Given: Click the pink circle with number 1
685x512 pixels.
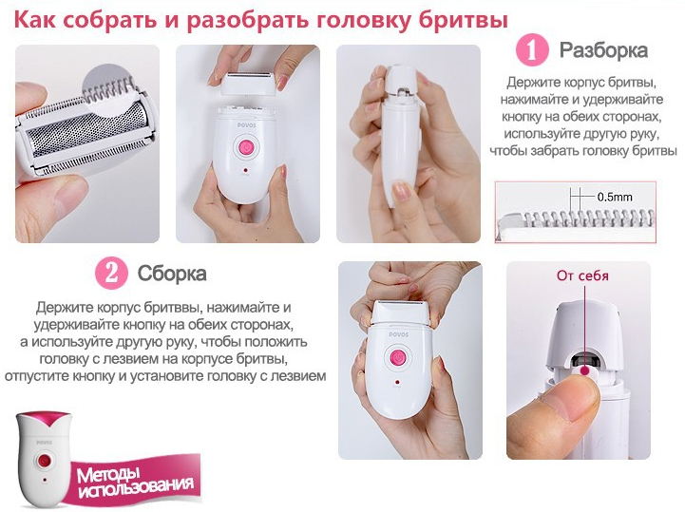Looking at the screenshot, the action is pos(532,50).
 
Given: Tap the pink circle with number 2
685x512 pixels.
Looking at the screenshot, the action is pos(111,273).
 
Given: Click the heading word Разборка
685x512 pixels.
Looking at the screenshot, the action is pos(603,50).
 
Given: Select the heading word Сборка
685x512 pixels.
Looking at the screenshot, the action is pos(172,274).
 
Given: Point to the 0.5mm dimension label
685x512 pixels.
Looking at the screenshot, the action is pos(615,197).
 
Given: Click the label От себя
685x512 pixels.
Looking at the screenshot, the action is pos(582,275).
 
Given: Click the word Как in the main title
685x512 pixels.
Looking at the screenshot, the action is pos(35,20).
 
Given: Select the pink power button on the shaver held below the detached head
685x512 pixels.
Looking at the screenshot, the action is pos(246,147).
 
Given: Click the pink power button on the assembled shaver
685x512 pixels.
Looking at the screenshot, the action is pos(396,357).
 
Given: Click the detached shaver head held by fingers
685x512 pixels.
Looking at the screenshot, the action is pos(248,84).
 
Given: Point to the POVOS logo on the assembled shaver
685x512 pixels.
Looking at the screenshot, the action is pos(398,334).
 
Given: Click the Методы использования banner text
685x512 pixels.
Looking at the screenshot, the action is pos(135,483).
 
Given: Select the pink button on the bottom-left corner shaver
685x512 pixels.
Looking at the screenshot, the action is pos(44,461).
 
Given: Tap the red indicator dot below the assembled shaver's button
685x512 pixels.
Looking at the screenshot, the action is pos(397,381).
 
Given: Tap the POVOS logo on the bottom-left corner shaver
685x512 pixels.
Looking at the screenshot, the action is pos(44,443).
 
